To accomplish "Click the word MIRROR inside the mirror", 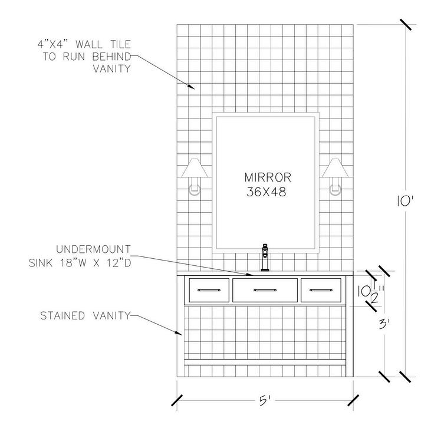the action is pos(267,177).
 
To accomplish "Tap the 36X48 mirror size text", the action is pos(267,192).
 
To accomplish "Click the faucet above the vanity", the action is pos(265,257).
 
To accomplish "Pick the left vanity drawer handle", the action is pos(208,289).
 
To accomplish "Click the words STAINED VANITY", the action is pos(84,315).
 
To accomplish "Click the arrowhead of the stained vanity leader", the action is pos(181,335).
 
